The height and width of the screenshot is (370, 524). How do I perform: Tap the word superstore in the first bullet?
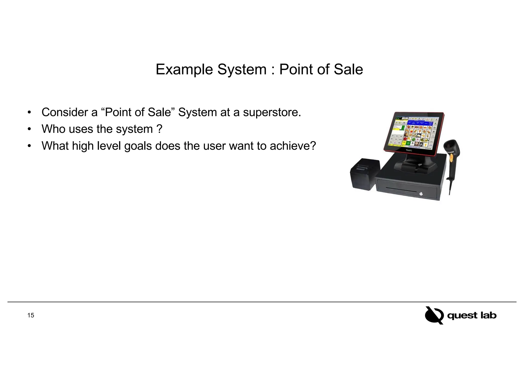point(272,112)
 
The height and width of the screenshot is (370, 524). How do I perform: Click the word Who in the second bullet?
point(53,129)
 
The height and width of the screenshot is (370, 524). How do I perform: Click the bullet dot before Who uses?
point(29,129)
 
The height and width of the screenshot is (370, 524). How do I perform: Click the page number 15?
point(31,316)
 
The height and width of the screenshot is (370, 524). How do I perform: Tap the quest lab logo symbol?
point(434,315)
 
